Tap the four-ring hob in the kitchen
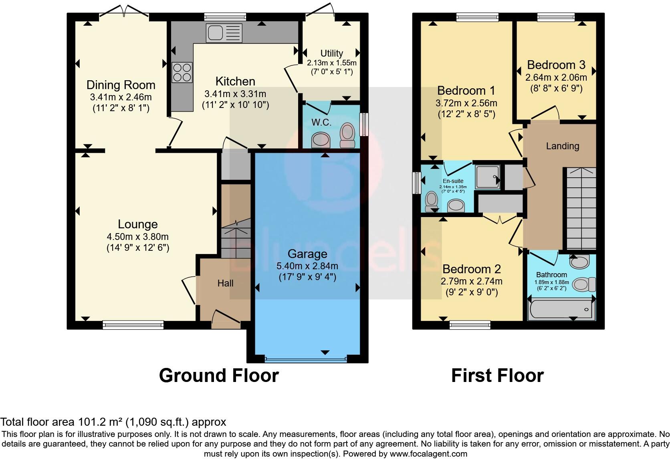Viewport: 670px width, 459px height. (x=182, y=73)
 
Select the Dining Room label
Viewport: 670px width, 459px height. (x=121, y=85)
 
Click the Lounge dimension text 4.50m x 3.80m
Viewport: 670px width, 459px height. (x=137, y=237)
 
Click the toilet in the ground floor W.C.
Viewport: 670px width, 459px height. (x=347, y=136)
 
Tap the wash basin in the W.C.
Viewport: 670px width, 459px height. (x=321, y=140)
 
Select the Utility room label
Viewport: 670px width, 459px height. (x=331, y=53)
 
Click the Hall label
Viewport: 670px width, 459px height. (x=225, y=283)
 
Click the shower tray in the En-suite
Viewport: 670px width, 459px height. (x=488, y=177)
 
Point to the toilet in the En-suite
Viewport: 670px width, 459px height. (x=432, y=201)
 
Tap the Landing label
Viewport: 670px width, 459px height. (x=562, y=146)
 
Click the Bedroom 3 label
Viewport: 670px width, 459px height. (x=556, y=65)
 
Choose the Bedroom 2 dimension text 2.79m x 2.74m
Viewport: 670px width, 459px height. (x=472, y=281)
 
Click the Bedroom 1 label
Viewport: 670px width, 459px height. (x=466, y=90)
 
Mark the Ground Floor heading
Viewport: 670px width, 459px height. (x=218, y=376)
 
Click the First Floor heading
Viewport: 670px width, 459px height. (x=497, y=376)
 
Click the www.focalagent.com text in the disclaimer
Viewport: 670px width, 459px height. (x=428, y=454)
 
